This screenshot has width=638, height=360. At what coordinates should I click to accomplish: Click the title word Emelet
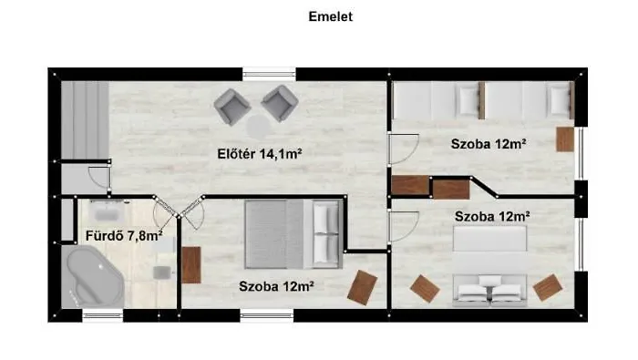(x=318, y=16)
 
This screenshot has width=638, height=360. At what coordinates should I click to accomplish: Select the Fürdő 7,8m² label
(x=123, y=236)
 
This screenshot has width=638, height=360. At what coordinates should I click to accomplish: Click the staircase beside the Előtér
(x=85, y=119)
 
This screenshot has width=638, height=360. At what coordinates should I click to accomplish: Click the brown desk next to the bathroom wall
(x=191, y=264)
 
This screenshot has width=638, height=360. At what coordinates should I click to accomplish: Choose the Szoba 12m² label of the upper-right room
(x=489, y=144)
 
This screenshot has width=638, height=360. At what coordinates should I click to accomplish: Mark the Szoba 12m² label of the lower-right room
(x=491, y=216)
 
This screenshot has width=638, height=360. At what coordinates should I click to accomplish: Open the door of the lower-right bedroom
(x=402, y=224)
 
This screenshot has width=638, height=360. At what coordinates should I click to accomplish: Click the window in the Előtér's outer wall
(x=269, y=72)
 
